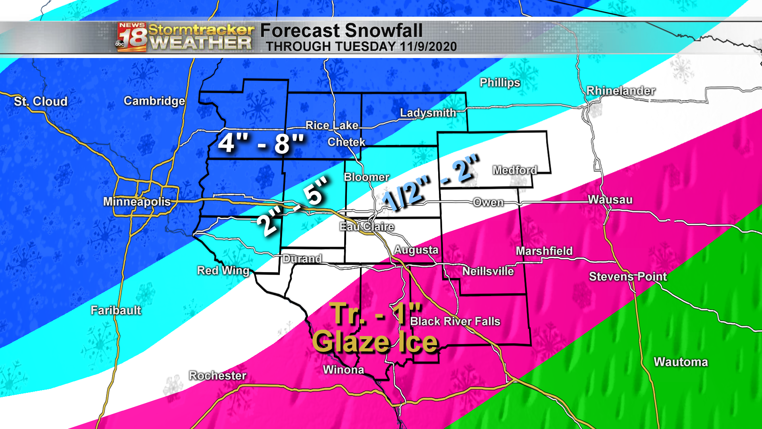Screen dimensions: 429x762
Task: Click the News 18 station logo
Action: [x=132, y=37]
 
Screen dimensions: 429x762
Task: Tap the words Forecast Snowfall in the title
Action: [x=341, y=31]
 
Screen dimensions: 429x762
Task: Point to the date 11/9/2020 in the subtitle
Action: [x=428, y=46]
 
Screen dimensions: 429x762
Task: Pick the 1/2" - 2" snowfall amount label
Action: [x=431, y=183]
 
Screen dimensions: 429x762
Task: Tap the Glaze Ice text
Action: [x=375, y=342]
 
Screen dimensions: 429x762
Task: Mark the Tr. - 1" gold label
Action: [x=375, y=314]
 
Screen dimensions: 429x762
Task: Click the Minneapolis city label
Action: [x=137, y=202]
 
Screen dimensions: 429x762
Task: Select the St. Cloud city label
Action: [x=40, y=102]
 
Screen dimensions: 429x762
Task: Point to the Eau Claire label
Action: [x=367, y=227]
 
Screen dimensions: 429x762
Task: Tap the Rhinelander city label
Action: [x=621, y=91]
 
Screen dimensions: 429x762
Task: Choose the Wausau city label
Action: [x=610, y=200]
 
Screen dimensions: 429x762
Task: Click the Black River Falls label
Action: [x=455, y=321]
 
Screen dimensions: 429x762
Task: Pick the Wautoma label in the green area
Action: [x=681, y=362]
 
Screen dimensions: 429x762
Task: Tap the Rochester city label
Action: [x=217, y=375]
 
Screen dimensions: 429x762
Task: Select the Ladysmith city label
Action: [x=428, y=113]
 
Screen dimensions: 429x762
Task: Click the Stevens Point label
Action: [x=628, y=277]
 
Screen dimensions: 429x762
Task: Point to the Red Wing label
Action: [x=223, y=271]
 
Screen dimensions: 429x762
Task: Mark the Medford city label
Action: [x=515, y=170]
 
